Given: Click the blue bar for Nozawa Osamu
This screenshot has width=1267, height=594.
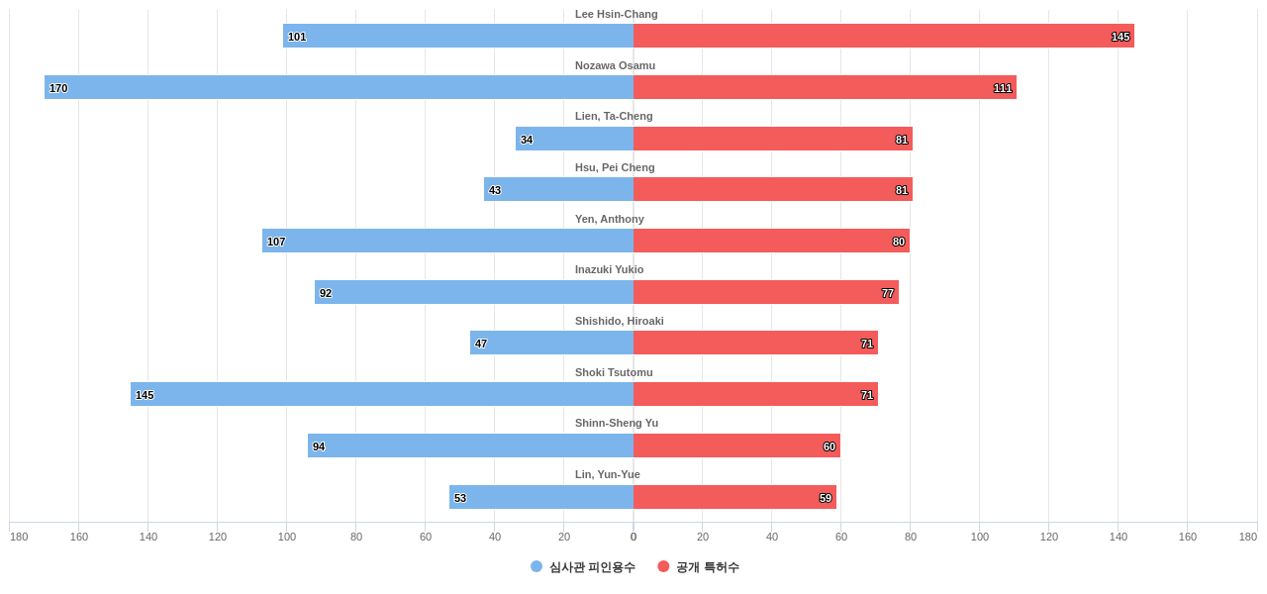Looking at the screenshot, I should tap(339, 87).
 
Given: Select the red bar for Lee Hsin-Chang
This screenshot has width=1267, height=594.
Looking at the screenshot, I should tap(883, 36).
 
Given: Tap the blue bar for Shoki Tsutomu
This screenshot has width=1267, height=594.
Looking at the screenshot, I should tap(382, 394).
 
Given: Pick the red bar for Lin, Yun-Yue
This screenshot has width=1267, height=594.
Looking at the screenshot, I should tap(734, 497).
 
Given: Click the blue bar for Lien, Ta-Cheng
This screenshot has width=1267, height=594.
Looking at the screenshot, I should tap(574, 139).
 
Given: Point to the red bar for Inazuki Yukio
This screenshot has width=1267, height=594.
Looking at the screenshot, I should tap(765, 292).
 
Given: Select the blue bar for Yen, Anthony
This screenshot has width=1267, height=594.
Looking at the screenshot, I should tap(447, 241).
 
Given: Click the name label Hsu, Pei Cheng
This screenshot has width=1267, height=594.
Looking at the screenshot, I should tap(615, 167).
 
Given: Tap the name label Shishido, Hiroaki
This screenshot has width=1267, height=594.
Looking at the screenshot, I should tap(619, 321).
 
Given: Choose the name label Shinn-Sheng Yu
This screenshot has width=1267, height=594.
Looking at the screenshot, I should tap(616, 423).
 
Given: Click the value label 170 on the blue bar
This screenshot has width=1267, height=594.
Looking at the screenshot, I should tap(58, 88).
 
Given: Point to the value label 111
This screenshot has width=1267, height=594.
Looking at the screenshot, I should tap(1003, 88).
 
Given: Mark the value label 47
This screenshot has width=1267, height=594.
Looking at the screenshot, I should tap(481, 344).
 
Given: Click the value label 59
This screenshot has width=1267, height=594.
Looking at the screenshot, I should tap(826, 498).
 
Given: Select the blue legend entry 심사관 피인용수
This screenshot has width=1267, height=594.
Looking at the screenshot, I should tap(583, 567).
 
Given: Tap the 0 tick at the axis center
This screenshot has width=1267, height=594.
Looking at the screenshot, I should tap(633, 537).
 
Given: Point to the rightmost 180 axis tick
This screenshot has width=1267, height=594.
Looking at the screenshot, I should tap(1247, 537).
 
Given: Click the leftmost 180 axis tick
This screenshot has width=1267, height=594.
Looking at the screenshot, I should tap(19, 537).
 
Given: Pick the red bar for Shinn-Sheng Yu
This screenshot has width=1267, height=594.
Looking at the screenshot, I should tap(736, 445).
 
